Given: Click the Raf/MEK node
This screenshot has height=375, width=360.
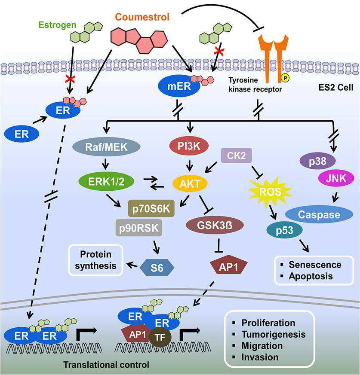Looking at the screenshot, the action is click(x=106, y=147).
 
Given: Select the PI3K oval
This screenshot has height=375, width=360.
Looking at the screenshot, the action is click(x=189, y=146).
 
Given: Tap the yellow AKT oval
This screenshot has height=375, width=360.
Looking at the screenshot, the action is click(x=190, y=184).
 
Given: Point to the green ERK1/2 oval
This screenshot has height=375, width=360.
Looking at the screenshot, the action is click(x=106, y=182).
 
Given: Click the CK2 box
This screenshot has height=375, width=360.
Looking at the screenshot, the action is click(x=236, y=155).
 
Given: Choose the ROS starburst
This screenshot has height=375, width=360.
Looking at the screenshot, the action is click(x=270, y=192).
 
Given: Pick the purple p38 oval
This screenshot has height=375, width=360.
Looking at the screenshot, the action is click(x=317, y=161).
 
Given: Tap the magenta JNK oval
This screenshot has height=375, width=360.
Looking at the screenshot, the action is click(x=336, y=178).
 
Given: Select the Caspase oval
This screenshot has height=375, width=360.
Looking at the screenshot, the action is click(x=319, y=214).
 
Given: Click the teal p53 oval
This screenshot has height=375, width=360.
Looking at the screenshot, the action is click(x=285, y=230).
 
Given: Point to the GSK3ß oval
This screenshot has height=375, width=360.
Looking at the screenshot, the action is click(x=215, y=225).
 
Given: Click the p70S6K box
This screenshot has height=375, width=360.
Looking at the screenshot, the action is click(x=151, y=208).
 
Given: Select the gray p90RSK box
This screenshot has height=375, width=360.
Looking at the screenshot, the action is click(x=139, y=228).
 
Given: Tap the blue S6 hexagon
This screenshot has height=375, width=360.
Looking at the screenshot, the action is click(x=157, y=268).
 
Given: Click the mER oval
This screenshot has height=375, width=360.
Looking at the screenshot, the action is click(x=179, y=86).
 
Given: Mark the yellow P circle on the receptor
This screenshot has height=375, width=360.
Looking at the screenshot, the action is click(x=285, y=78).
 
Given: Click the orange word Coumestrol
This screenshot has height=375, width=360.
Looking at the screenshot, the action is click(x=142, y=17).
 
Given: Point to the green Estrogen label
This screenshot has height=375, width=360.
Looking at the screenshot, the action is click(x=58, y=25).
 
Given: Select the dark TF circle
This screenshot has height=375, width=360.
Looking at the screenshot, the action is click(x=160, y=337).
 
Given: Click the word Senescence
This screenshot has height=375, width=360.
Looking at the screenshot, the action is click(x=315, y=265).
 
